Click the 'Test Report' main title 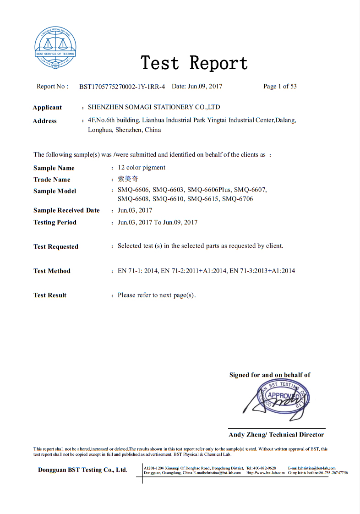click(194, 63)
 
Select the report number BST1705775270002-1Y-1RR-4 click(122, 87)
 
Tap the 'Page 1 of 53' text click(280, 86)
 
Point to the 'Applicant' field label click(47, 108)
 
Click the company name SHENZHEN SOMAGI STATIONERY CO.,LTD click(154, 107)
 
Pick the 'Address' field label click(45, 121)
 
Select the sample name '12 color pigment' click(142, 168)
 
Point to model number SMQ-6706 click(237, 199)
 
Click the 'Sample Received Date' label click(66, 210)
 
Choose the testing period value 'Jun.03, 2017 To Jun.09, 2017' click(158, 222)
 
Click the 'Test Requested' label click(56, 246)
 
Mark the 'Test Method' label click(52, 271)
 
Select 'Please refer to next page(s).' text click(157, 295)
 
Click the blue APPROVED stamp click(284, 397)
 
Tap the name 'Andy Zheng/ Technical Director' click(276, 435)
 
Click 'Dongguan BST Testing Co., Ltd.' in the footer click(82, 470)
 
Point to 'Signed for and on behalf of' click(270, 375)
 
